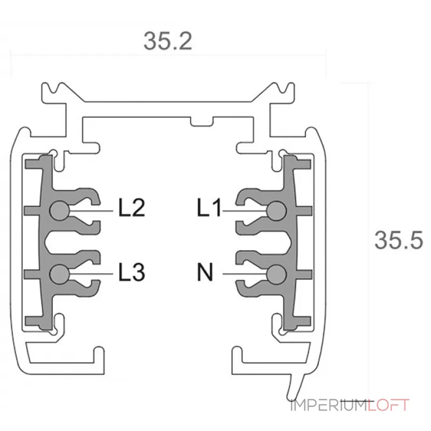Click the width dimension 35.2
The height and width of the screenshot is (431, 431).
coord(168,41)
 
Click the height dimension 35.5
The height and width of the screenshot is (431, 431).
coord(399,240)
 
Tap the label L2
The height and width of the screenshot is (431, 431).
coord(131,208)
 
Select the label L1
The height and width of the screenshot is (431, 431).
coord(209,208)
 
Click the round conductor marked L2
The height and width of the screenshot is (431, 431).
coord(59,210)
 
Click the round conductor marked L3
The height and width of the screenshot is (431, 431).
coord(59,274)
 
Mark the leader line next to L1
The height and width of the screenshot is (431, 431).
coord(245,211)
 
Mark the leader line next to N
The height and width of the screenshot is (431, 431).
coord(245,274)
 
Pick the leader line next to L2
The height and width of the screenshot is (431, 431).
coord(92,211)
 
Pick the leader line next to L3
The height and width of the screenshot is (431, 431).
coord(92,274)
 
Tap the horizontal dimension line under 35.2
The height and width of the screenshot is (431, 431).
coord(168,54)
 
